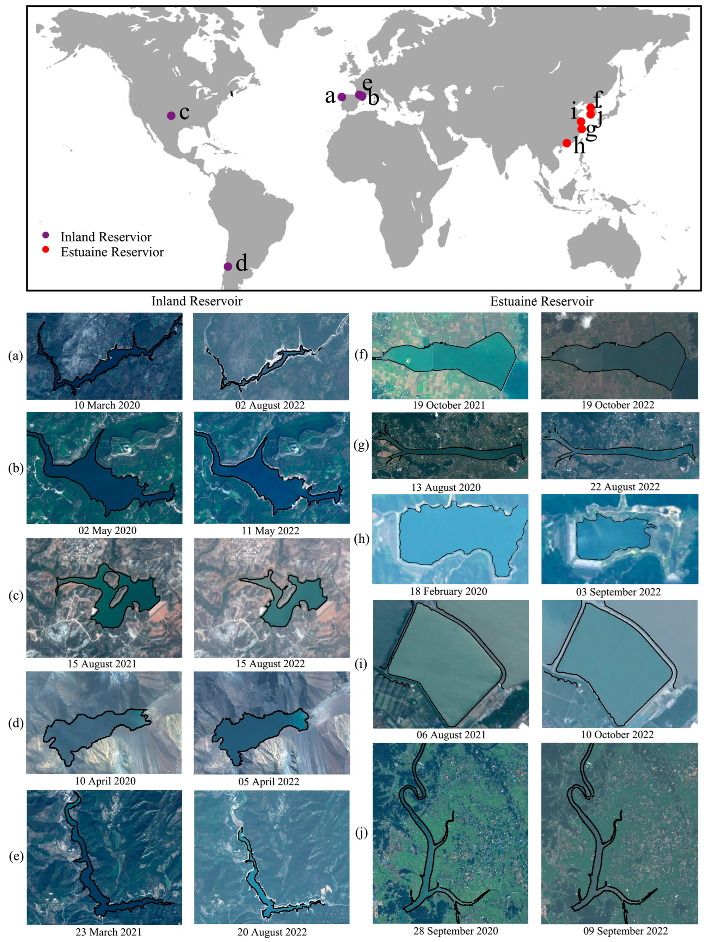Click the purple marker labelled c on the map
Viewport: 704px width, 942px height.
click(171, 115)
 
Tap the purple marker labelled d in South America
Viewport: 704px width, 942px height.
click(228, 267)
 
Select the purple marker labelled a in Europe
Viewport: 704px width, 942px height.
click(342, 97)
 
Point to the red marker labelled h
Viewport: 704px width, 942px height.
click(567, 143)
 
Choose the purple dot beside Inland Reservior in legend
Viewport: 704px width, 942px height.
click(46, 235)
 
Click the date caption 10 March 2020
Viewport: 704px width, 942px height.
click(107, 405)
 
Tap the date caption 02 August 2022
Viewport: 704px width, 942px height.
click(270, 405)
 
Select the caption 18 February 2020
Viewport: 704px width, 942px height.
click(449, 591)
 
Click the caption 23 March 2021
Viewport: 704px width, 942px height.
click(109, 932)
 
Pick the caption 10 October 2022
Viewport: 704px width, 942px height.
click(618, 746)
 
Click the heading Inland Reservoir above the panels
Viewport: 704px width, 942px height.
click(197, 301)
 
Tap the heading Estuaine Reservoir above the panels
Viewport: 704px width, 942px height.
click(542, 301)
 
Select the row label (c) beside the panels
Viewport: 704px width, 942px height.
click(16, 596)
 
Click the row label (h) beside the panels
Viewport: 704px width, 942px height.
click(361, 539)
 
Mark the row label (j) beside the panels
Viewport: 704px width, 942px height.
click(361, 833)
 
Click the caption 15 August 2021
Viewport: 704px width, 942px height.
click(102, 664)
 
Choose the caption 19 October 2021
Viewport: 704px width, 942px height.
click(449, 405)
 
